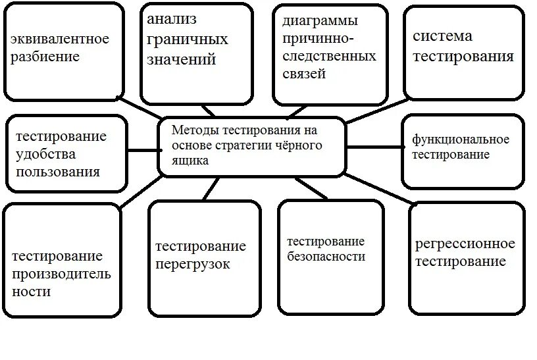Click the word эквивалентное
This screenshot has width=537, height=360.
60,39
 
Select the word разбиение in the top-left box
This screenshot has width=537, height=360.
45,57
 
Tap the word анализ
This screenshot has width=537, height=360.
172,18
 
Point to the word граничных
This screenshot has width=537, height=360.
188,39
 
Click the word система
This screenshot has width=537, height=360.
443,36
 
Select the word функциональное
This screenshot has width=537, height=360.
461,140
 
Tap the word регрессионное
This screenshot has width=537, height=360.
465,244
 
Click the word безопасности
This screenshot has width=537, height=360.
326,257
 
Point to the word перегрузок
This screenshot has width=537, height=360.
193,264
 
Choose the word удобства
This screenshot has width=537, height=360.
46,155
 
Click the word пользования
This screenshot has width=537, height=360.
59,172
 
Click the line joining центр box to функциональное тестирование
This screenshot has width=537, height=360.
374,147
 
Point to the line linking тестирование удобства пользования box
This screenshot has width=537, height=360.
142,149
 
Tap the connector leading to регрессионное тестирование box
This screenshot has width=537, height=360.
378,190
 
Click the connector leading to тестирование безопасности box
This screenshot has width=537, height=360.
312,188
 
